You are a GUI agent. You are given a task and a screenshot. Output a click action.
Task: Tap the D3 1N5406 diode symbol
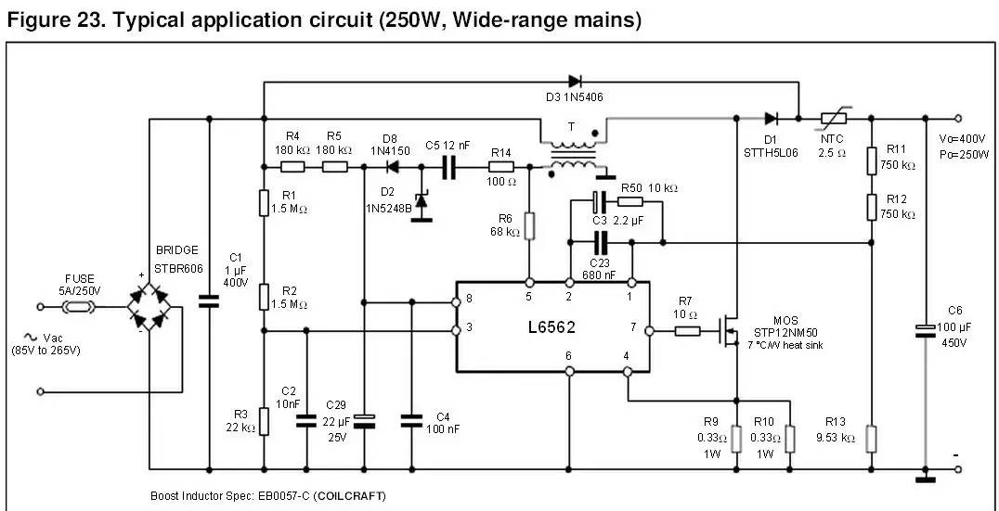576,82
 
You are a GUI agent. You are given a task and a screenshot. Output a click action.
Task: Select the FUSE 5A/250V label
79,284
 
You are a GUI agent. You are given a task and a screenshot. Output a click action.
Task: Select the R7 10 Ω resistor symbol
687,329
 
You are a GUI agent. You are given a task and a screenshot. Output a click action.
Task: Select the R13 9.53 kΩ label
835,430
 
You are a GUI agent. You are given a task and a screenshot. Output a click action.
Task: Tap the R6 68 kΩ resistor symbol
529,226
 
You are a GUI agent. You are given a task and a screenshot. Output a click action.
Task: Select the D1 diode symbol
771,118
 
